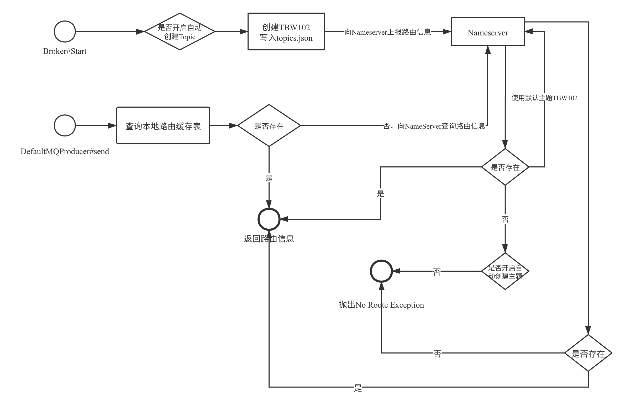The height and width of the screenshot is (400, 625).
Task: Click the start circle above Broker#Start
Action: pyautogui.click(x=65, y=31)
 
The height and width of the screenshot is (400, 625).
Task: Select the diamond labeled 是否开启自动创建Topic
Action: pyautogui.click(x=180, y=31)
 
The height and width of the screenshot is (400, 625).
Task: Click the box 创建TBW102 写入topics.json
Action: pyautogui.click(x=286, y=32)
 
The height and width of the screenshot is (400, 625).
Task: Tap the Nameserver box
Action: pyautogui.click(x=488, y=32)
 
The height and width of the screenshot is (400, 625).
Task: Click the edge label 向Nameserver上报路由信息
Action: pyautogui.click(x=388, y=32)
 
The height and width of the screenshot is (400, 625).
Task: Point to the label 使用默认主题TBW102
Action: pyautogui.click(x=544, y=98)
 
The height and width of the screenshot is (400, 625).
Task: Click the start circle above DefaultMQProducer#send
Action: pyautogui.click(x=65, y=125)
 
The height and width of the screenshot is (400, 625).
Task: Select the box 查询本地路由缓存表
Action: pyautogui.click(x=163, y=126)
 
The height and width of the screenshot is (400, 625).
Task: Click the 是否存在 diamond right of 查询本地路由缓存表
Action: pyautogui.click(x=269, y=126)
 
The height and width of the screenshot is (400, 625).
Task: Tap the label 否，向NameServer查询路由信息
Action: pyautogui.click(x=434, y=126)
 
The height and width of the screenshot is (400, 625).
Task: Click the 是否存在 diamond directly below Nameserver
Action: pyautogui.click(x=505, y=167)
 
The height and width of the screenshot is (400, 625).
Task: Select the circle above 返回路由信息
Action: pyautogui.click(x=269, y=219)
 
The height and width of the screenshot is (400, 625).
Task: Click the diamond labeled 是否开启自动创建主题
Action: pyautogui.click(x=505, y=271)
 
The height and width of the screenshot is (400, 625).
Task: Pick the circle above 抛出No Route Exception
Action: pyautogui.click(x=381, y=271)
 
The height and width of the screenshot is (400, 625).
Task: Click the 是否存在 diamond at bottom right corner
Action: pyautogui.click(x=588, y=353)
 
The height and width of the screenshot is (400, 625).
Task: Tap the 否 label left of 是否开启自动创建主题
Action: pyautogui.click(x=437, y=271)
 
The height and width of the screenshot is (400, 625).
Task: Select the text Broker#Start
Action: pyautogui.click(x=65, y=51)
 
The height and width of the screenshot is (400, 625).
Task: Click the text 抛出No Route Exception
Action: pyautogui.click(x=381, y=305)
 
